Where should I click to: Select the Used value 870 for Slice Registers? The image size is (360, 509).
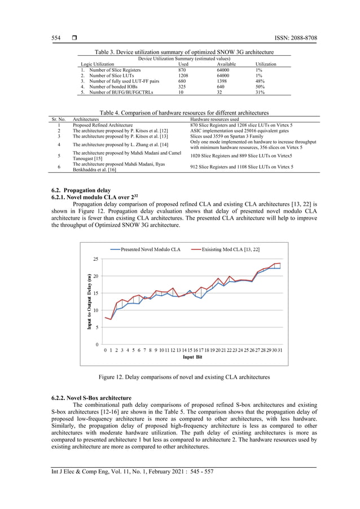point(182,69)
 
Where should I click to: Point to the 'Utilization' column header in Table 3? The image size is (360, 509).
point(266,64)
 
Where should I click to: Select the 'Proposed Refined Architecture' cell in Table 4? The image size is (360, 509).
point(103,125)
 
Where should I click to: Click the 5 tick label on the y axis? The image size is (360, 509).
point(98,327)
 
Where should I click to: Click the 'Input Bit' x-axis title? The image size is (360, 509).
point(192,358)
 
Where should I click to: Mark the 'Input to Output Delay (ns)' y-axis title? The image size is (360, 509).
point(90,301)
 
